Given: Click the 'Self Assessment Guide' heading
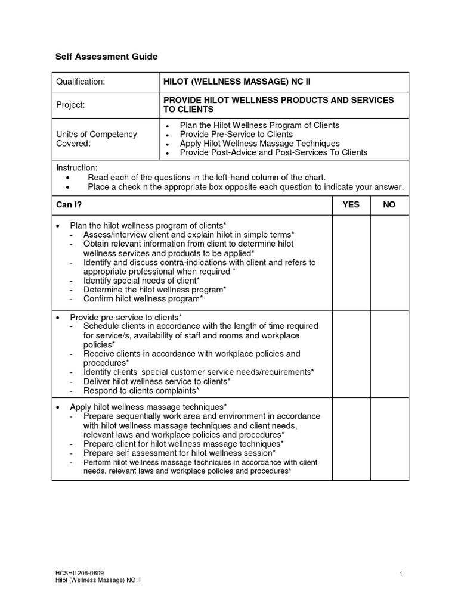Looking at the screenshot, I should click(x=107, y=57).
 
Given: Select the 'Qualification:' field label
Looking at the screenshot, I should click(x=81, y=82).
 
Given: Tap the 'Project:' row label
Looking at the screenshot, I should click(x=70, y=105).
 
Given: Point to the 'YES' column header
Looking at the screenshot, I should click(x=351, y=205).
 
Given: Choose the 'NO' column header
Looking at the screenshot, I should click(x=389, y=205).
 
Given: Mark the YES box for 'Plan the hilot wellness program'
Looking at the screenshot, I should click(x=351, y=262).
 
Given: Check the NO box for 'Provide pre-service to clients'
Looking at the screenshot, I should click(x=389, y=354).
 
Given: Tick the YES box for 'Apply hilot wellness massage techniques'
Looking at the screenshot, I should click(x=351, y=440).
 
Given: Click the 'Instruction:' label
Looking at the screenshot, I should click(x=76, y=168).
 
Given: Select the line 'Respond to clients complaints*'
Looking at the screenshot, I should click(x=141, y=391).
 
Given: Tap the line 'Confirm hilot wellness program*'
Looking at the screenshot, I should click(x=143, y=299).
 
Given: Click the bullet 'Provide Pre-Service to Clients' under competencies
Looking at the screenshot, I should click(x=236, y=135).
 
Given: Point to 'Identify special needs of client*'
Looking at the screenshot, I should click(x=141, y=281).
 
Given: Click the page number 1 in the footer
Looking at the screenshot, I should click(x=401, y=574).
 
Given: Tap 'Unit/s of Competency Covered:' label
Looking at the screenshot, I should click(x=97, y=139).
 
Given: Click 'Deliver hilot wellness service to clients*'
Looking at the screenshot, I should click(x=157, y=381).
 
